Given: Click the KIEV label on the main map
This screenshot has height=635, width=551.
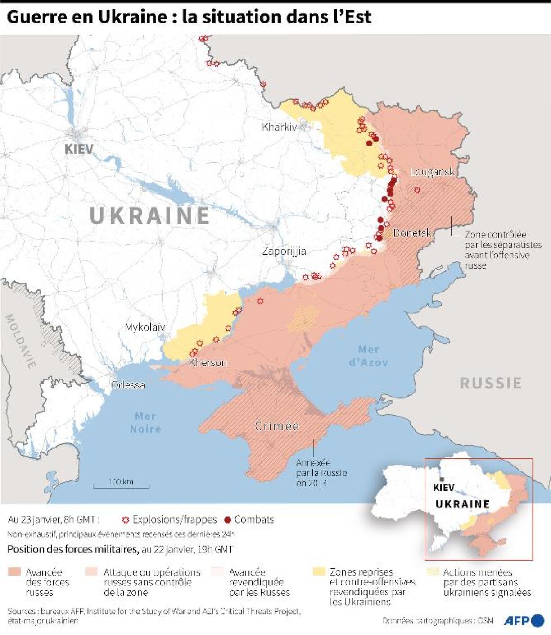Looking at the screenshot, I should [x=79, y=149].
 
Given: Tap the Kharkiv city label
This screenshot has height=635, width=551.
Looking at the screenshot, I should [x=279, y=127].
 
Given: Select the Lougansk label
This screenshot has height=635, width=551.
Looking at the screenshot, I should [x=432, y=172].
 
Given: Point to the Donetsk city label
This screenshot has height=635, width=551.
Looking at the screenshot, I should [x=412, y=233].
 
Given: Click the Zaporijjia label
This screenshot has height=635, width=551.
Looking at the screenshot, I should [x=284, y=251].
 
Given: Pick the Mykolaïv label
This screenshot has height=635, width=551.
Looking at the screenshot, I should [x=145, y=327].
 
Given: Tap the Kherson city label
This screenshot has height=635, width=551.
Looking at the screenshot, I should [x=208, y=362].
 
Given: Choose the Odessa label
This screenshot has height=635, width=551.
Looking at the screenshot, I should [x=128, y=385].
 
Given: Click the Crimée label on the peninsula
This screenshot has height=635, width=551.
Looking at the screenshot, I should [x=276, y=426].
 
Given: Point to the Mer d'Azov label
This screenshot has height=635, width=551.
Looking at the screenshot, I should [x=368, y=356].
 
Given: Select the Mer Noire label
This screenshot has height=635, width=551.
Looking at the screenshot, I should [x=145, y=422].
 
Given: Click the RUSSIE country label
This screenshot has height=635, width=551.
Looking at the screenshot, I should [x=491, y=383].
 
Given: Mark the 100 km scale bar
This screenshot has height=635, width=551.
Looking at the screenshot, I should [x=121, y=485].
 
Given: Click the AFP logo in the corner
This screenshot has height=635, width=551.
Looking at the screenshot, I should [x=524, y=621].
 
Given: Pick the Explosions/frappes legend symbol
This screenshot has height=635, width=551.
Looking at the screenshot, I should [x=126, y=520].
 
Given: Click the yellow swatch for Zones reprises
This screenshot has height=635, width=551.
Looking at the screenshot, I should [x=319, y=572].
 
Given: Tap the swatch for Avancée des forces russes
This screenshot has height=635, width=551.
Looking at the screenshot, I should [x=14, y=572].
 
